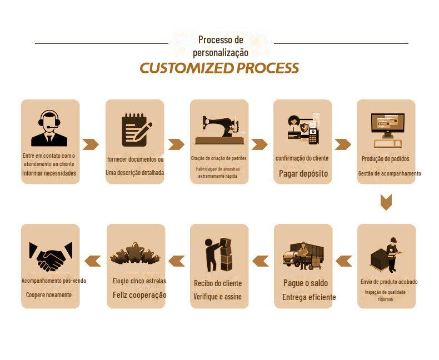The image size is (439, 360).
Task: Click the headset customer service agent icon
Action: [49, 128]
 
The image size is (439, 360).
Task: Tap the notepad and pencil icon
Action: [134, 129]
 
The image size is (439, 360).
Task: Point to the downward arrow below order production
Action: [386, 202]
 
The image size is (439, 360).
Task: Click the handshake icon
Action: [50, 256]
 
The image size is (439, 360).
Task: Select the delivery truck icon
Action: [303, 256]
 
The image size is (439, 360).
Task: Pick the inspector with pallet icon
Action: [386, 255]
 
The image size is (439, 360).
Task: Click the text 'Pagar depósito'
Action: [303, 173]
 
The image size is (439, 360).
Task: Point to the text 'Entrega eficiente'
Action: [309, 297]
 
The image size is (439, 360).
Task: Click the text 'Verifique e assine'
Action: [217, 297]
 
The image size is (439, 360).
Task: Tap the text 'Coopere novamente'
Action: [49, 294]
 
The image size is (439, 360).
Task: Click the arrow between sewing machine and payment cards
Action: [260, 144]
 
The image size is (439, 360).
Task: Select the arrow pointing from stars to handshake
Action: [93, 261]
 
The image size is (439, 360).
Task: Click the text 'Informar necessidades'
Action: [49, 173]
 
